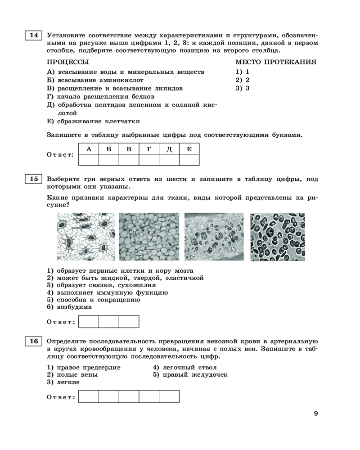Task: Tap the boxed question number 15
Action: click(34, 179)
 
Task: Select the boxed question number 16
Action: click(34, 341)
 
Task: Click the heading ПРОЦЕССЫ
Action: click(68, 62)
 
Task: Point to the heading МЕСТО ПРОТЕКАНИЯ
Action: click(276, 62)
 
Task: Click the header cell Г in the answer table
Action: click(149, 149)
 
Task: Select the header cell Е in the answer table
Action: click(189, 149)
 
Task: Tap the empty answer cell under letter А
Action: click(89, 160)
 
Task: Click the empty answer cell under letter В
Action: click(129, 160)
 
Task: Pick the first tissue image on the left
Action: click(84, 237)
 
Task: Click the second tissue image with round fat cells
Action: click(148, 237)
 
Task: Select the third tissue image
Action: click(214, 237)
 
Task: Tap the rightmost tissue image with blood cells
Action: click(278, 237)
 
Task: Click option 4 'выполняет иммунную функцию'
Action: click(108, 292)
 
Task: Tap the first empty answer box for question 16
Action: click(89, 396)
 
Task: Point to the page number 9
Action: click(316, 414)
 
